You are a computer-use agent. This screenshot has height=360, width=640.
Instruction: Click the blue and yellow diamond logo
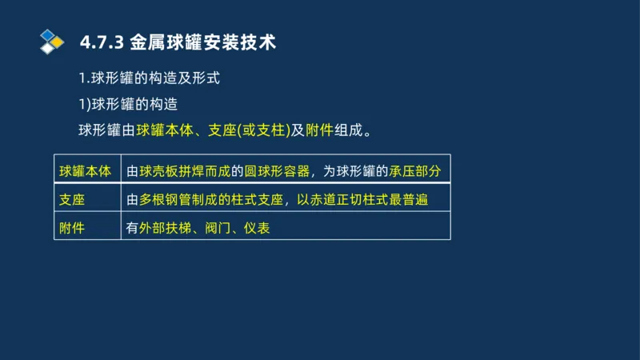(x=51, y=41)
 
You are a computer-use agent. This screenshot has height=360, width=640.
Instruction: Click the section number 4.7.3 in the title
(x=98, y=42)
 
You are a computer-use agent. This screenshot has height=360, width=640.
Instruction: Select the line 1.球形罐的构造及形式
(x=149, y=79)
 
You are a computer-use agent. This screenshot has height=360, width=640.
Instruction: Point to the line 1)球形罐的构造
(x=127, y=104)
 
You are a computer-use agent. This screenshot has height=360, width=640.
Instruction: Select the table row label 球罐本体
(x=86, y=171)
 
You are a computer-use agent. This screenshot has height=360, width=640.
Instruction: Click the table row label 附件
(x=72, y=228)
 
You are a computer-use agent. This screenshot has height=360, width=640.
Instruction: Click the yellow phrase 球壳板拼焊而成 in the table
(x=185, y=171)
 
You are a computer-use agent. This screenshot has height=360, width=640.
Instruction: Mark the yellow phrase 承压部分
(x=415, y=171)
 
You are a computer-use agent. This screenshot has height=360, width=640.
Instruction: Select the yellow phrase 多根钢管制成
(x=178, y=199)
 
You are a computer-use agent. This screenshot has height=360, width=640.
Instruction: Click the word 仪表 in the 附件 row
(x=257, y=228)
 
